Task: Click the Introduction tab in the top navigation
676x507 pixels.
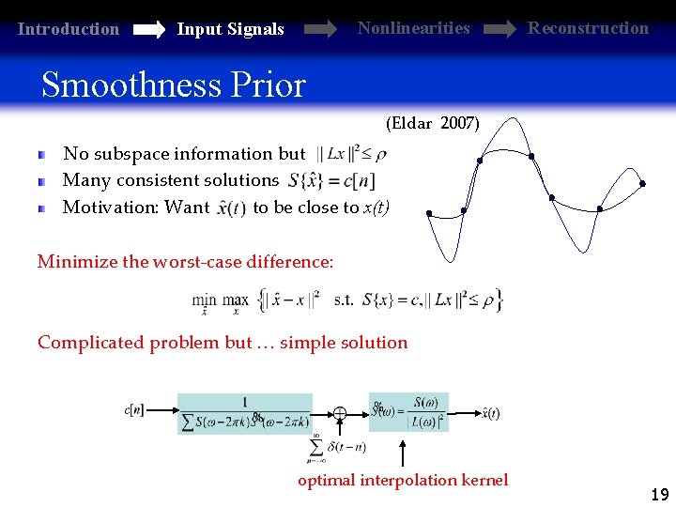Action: [x=69, y=29]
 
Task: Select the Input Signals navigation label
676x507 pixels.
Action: [x=230, y=29]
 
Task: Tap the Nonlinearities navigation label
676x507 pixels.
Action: [x=413, y=28]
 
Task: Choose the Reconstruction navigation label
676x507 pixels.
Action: [x=588, y=28]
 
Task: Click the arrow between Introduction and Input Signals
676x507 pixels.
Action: [x=149, y=30]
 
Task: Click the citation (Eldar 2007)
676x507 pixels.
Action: [x=432, y=123]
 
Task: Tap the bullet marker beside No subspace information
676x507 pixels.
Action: [x=42, y=154]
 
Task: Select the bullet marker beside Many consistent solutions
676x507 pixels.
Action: [x=42, y=180]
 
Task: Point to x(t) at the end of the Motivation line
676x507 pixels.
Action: [x=376, y=207]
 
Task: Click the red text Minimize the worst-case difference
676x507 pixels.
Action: [x=185, y=262]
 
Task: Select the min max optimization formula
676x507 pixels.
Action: [x=347, y=300]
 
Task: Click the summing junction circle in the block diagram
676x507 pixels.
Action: [x=339, y=413]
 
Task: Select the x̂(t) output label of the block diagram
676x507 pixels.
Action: [x=489, y=412]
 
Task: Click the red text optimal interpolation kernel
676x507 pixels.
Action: [x=403, y=480]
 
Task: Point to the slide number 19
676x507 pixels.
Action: [x=659, y=494]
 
